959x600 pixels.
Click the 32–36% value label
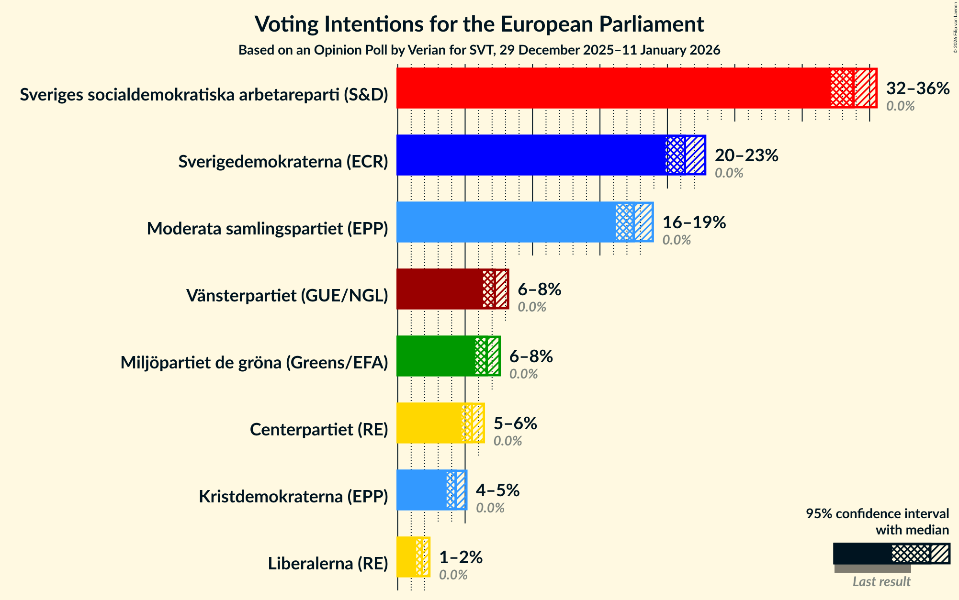click(x=917, y=89)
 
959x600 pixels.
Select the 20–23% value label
click(x=746, y=156)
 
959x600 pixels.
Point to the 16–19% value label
click(x=694, y=222)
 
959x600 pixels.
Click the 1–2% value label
click(x=461, y=557)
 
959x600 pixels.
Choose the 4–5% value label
click(x=497, y=490)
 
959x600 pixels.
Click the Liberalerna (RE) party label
click(x=328, y=564)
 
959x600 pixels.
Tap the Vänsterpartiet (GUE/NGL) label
click(x=287, y=296)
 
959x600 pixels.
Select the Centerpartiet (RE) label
click(x=319, y=430)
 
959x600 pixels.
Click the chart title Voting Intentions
click(x=479, y=24)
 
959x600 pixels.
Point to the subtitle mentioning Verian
click(x=479, y=50)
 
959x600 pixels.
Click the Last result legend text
click(x=881, y=582)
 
